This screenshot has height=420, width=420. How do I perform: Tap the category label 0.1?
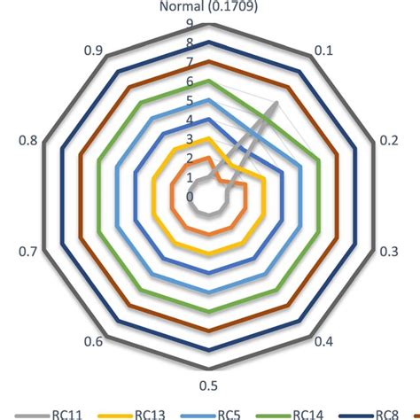(x=324, y=53)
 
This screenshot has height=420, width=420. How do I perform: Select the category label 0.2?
(x=387, y=140)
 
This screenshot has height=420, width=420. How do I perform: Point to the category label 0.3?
(x=387, y=252)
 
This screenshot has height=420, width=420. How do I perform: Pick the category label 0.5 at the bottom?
(x=210, y=383)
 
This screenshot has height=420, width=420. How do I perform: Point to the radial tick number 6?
(x=190, y=81)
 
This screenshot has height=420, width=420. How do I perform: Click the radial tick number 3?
(x=190, y=138)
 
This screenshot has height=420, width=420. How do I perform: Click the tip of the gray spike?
(x=277, y=103)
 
